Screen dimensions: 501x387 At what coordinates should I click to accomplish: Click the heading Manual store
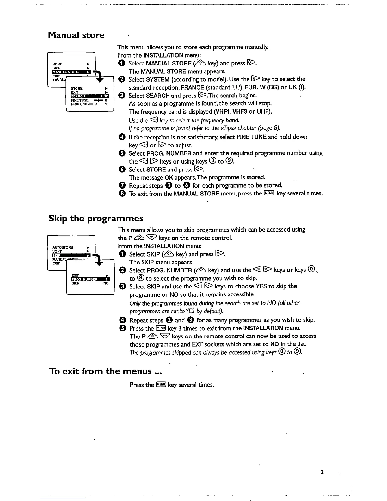tap(76, 35)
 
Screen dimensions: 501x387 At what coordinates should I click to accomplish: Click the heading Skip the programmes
tap(96, 219)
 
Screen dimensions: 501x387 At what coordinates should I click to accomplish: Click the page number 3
tap(322, 472)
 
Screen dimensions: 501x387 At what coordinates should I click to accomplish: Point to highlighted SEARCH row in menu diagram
tap(89, 96)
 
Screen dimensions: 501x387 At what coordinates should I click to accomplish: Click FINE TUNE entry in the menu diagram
tap(80, 100)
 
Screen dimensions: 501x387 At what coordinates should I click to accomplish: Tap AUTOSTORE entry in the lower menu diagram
tap(63, 247)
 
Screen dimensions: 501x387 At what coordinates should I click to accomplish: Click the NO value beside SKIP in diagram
tap(106, 283)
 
